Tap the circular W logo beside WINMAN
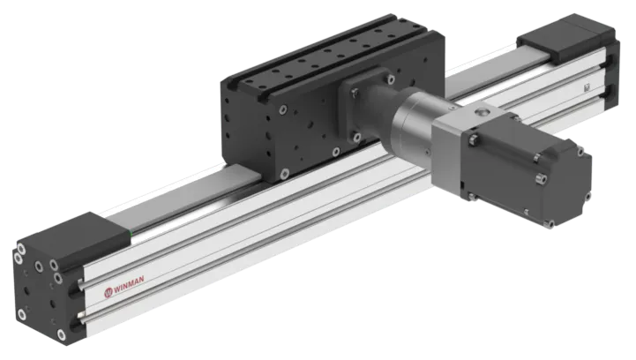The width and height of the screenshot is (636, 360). click(108, 292)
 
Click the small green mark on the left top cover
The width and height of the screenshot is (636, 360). click(130, 233)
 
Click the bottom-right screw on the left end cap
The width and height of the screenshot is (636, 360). click(61, 334)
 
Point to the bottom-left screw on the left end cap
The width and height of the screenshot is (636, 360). click(22, 314)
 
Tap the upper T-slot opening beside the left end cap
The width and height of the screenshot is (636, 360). click(76, 289)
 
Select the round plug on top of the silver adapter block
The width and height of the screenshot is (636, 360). click(482, 111)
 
